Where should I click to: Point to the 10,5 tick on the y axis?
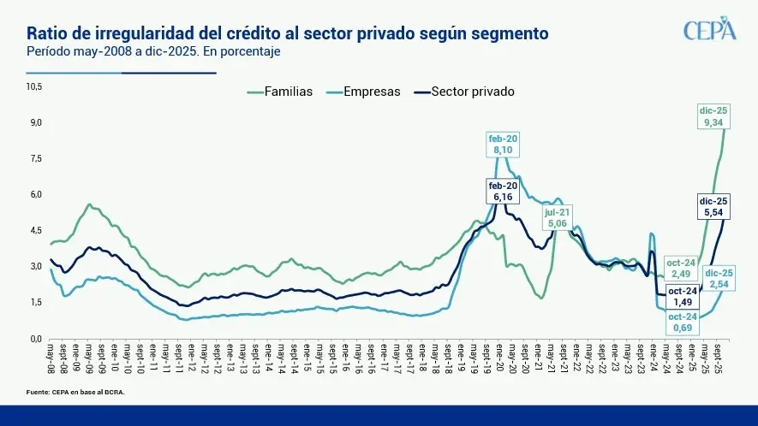pos(34,86)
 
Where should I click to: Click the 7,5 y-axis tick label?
pos(36,158)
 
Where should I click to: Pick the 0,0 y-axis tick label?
pos(36,339)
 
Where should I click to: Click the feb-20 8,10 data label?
pos(503,144)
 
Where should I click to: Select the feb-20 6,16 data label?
pos(503,191)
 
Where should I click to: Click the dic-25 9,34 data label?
pos(713,116)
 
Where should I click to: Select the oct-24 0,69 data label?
pos(683,322)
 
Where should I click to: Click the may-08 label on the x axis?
pos(51,358)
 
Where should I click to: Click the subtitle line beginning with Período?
pos(154,51)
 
